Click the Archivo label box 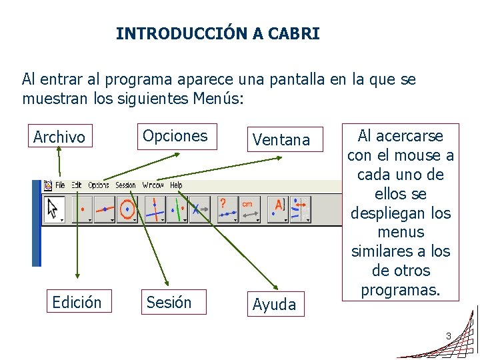pos(59,137)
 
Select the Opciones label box pos(175,136)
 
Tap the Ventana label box pos(281,140)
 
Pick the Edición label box pos(77,303)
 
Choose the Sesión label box pos(169,303)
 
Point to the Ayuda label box pos(275,305)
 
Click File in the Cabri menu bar pos(60,185)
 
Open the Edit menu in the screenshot pos(77,185)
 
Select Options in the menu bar pos(99,185)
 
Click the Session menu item pos(125,185)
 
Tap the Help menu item pos(176,185)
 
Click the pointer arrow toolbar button pos(53,209)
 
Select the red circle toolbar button pos(127,209)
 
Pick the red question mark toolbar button pos(227,208)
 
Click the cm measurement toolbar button pos(249,208)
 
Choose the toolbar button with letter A pos(278,208)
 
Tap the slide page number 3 pos(449,335)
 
